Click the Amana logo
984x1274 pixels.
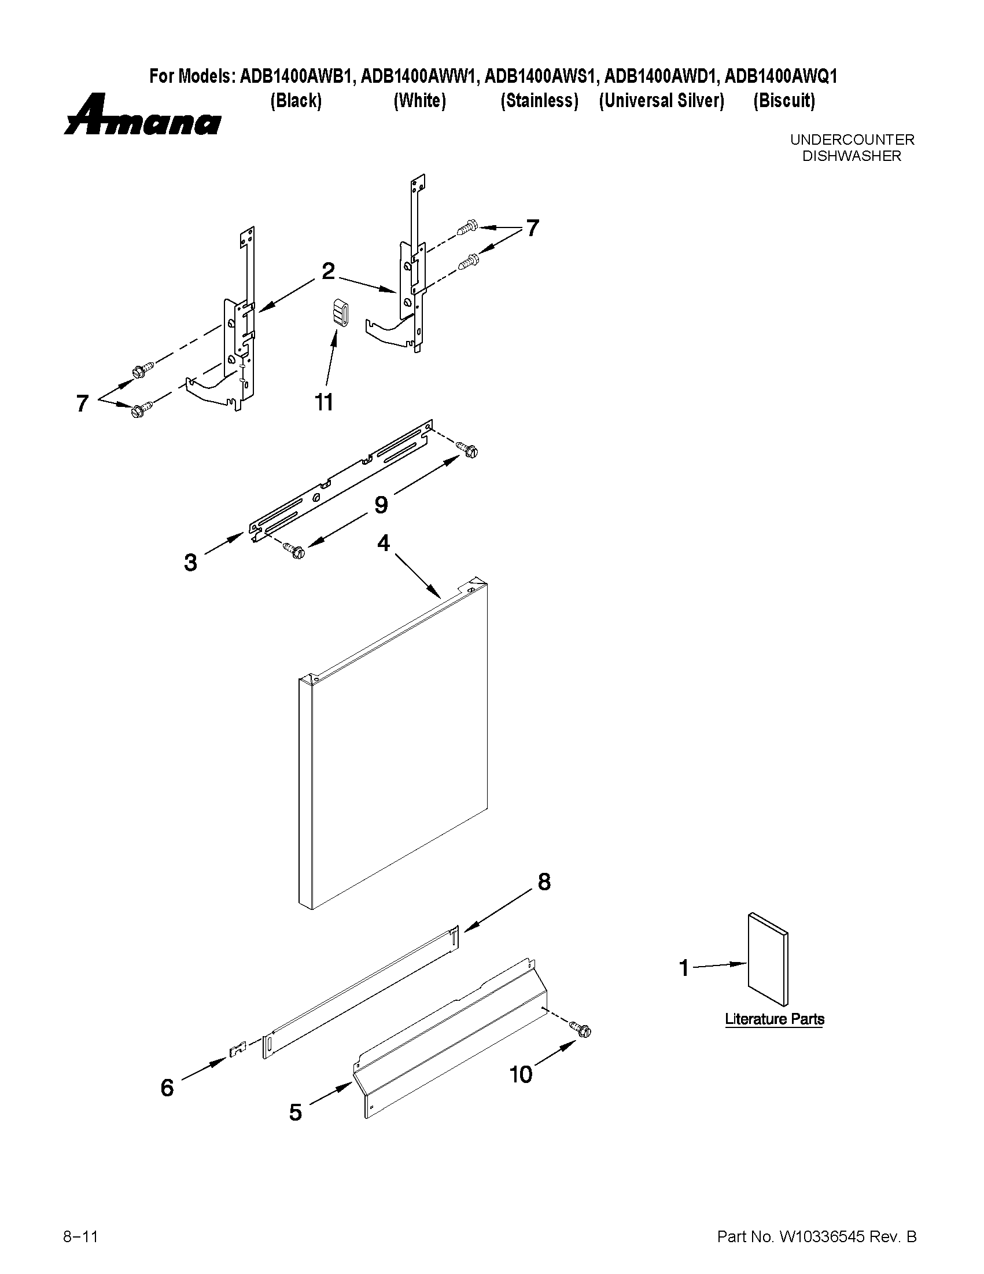[x=142, y=116]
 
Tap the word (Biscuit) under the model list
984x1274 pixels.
[x=783, y=101]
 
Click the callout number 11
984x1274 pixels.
[x=324, y=402]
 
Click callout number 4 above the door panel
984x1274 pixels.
[x=383, y=543]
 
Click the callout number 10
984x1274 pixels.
[x=521, y=1074]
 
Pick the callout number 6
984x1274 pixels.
[x=167, y=1088]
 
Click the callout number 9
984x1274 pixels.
[x=381, y=505]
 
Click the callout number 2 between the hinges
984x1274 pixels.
[x=328, y=271]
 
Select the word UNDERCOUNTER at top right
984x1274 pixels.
[x=852, y=140]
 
